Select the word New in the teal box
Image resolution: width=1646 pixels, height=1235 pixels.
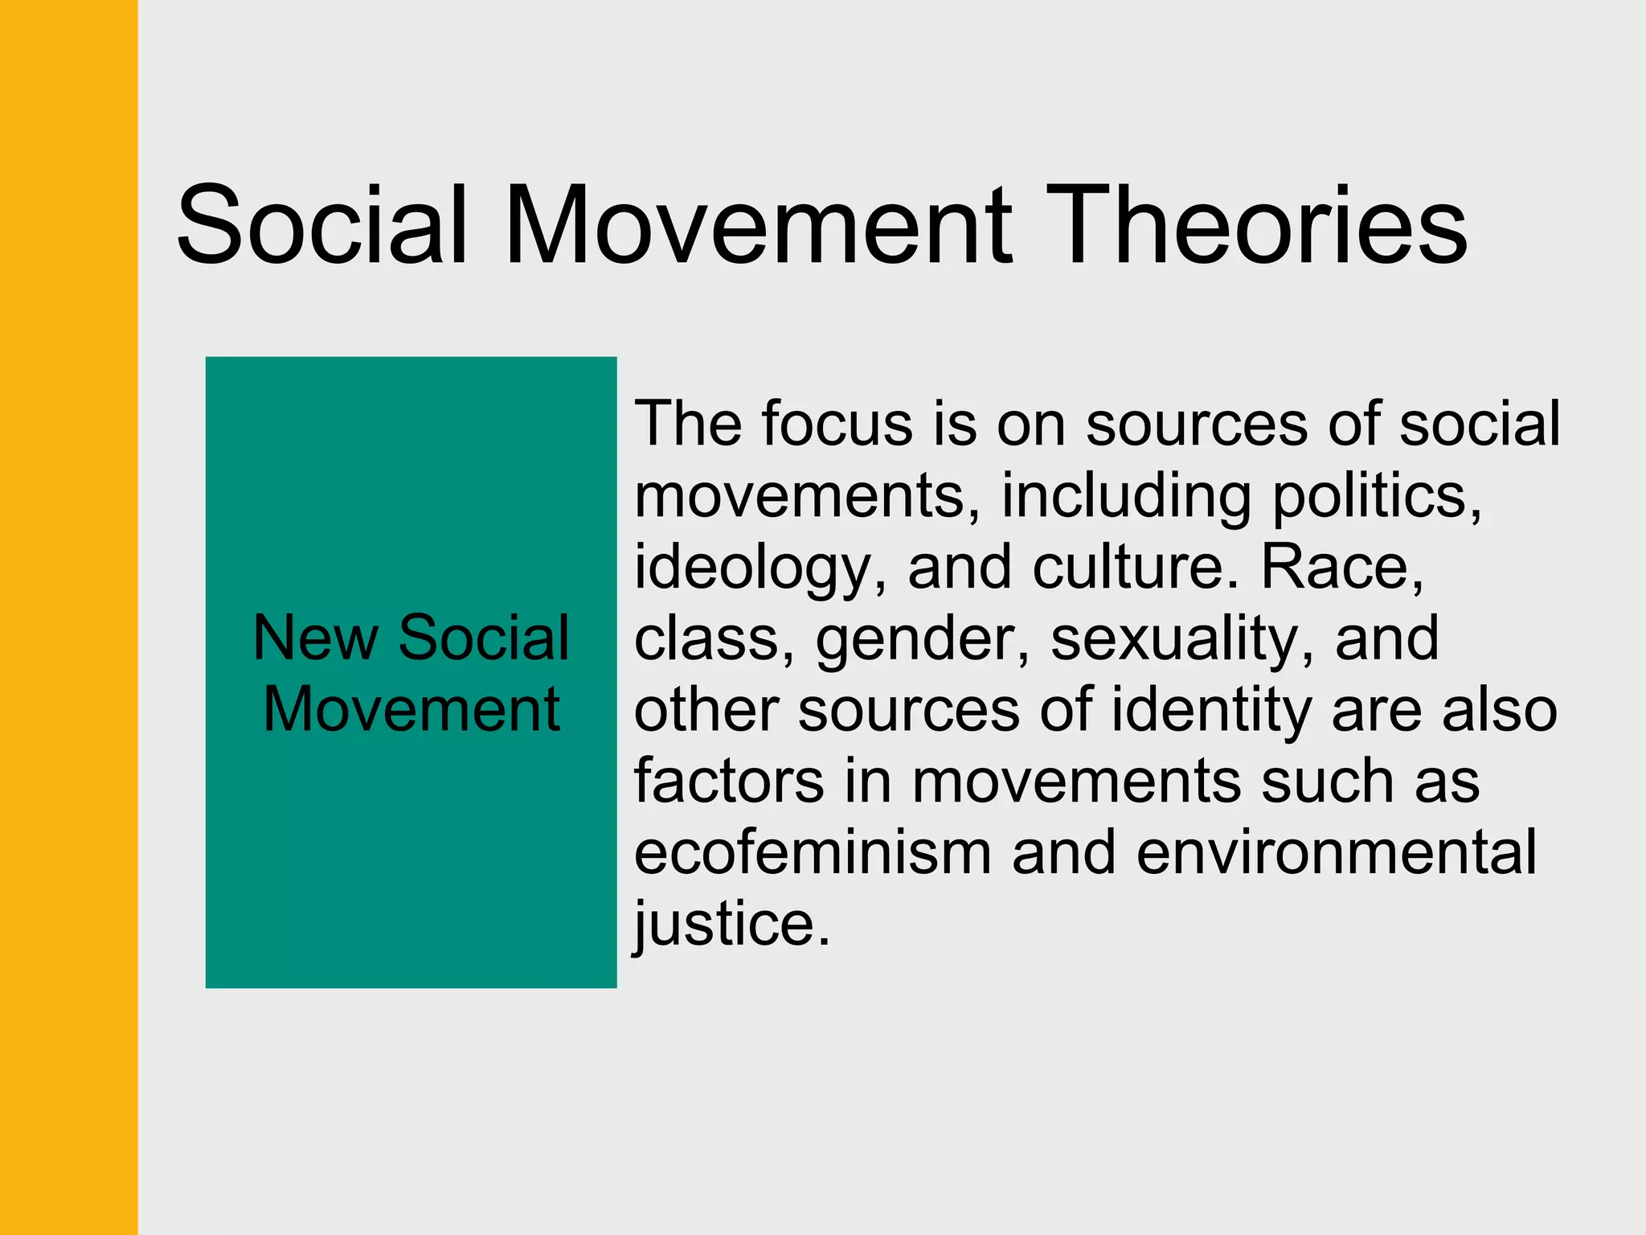point(315,638)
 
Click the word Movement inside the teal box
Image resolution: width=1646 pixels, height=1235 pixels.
point(411,709)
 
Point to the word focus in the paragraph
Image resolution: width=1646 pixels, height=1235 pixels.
point(837,424)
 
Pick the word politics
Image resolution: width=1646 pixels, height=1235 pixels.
point(1377,495)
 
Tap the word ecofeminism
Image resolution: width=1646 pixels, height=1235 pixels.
point(813,852)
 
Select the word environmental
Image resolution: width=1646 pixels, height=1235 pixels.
point(1336,852)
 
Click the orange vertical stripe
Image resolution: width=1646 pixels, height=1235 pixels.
point(68,617)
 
